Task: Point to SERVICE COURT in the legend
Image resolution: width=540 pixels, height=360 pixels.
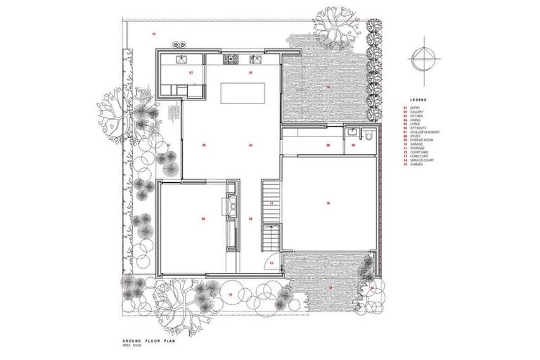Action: (417, 161)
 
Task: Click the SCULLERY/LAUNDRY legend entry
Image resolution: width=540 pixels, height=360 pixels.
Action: (420, 132)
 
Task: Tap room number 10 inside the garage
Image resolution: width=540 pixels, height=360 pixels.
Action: (328, 203)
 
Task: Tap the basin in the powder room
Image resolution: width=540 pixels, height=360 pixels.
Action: (350, 131)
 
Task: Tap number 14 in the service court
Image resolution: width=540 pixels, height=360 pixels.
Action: (153, 34)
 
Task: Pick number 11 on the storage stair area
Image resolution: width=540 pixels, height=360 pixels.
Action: (271, 203)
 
